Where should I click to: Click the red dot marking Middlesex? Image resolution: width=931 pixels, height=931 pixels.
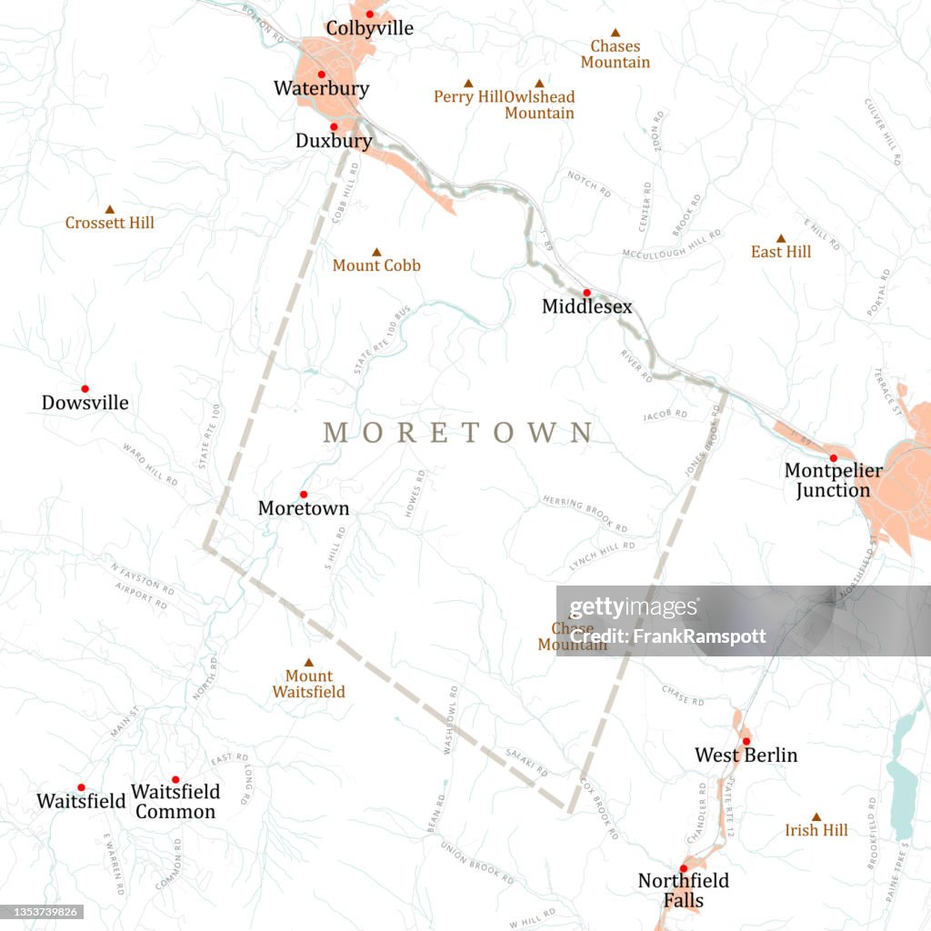tap(586, 293)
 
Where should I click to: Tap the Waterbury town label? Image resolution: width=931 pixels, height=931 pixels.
tap(321, 89)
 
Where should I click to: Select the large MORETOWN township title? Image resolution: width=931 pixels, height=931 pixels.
tap(458, 433)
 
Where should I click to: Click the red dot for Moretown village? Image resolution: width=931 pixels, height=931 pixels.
tap(304, 495)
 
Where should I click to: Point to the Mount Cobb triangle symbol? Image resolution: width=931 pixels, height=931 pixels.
tap(376, 252)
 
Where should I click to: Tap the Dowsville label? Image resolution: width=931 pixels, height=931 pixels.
tap(85, 403)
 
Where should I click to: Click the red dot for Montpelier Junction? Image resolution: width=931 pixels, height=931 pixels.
tap(833, 458)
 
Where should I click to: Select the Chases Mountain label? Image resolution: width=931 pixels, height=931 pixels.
tap(616, 55)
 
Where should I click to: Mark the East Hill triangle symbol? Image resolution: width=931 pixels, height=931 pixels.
tap(780, 238)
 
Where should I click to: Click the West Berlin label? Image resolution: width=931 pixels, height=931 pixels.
tap(746, 756)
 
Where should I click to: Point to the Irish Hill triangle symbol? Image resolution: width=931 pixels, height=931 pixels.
tap(816, 816)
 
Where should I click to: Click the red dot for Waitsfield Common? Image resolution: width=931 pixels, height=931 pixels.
tap(175, 779)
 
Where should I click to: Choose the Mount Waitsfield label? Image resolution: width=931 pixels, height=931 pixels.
tap(309, 684)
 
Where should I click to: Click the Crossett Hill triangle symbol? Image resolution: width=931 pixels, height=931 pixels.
tap(110, 209)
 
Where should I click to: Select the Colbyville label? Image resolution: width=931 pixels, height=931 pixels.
tap(369, 29)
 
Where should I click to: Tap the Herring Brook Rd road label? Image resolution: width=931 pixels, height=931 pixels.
tap(586, 515)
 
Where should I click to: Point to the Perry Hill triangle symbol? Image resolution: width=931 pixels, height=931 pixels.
tap(468, 83)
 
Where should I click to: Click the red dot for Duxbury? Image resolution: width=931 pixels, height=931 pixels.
tap(334, 127)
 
